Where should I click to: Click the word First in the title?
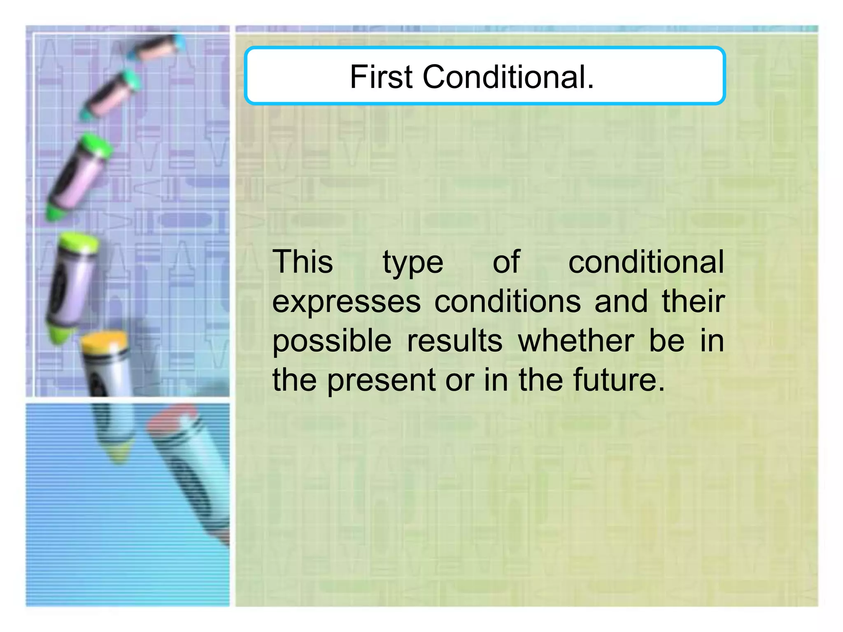tap(381, 77)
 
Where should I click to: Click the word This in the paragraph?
tap(303, 262)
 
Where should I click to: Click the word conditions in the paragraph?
tap(508, 302)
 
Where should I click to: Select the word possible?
tap(332, 342)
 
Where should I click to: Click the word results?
tap(454, 341)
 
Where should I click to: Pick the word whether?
tap(576, 341)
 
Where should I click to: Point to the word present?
tap(381, 381)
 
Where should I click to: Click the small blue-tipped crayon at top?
tap(158, 47)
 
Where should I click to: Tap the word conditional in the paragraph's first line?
tap(646, 262)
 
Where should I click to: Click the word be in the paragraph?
tap(666, 341)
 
